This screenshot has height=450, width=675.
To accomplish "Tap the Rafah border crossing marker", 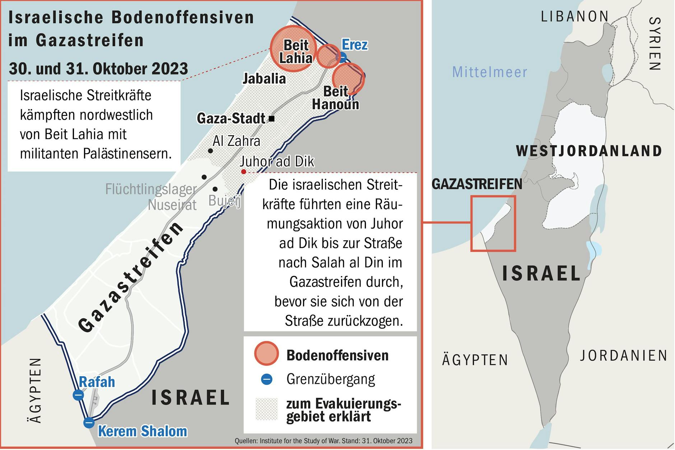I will [78, 395].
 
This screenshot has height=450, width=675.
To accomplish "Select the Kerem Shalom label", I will [143, 431].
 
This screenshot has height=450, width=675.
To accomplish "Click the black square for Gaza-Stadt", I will [272, 119].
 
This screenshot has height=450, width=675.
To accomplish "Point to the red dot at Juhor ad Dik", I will [243, 172].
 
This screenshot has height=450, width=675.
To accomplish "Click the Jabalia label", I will [264, 79].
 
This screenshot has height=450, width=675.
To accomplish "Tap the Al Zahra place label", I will [236, 141].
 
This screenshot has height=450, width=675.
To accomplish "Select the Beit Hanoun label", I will [335, 98].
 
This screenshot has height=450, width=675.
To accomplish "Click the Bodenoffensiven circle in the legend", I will [266, 353].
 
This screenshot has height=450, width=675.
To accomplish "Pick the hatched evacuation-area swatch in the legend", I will [266, 409].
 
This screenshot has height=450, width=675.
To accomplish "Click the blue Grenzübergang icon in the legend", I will [266, 379].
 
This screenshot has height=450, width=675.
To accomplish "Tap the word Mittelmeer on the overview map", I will [490, 72].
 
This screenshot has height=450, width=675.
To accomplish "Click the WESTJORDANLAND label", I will [589, 151].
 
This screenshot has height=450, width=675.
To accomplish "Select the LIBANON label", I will [575, 17].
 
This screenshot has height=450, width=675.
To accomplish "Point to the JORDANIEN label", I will [624, 356].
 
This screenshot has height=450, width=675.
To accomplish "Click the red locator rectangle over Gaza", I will [493, 223].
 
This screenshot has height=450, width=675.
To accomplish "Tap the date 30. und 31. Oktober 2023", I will [98, 69].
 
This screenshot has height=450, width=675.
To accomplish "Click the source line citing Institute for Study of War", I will [323, 441].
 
